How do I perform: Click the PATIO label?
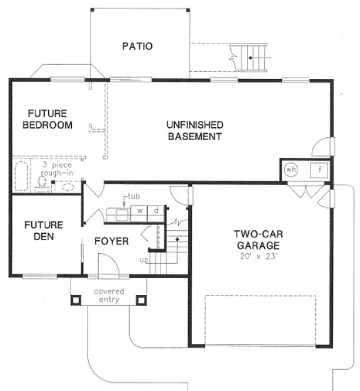tap(138, 46)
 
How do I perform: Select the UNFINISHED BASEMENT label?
tap(195, 131)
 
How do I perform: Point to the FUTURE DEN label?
tap(44, 231)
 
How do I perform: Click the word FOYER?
tap(112, 241)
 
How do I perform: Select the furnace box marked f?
tap(319, 170)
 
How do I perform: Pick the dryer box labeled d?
tap(156, 211)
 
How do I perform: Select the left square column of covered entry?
tap(76, 300)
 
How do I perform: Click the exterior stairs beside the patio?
tap(250, 58)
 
